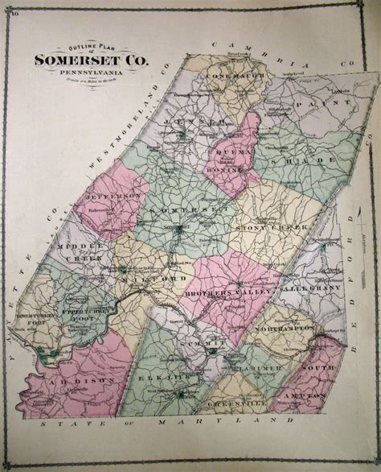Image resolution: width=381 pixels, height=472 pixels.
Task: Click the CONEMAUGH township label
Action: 230,77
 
